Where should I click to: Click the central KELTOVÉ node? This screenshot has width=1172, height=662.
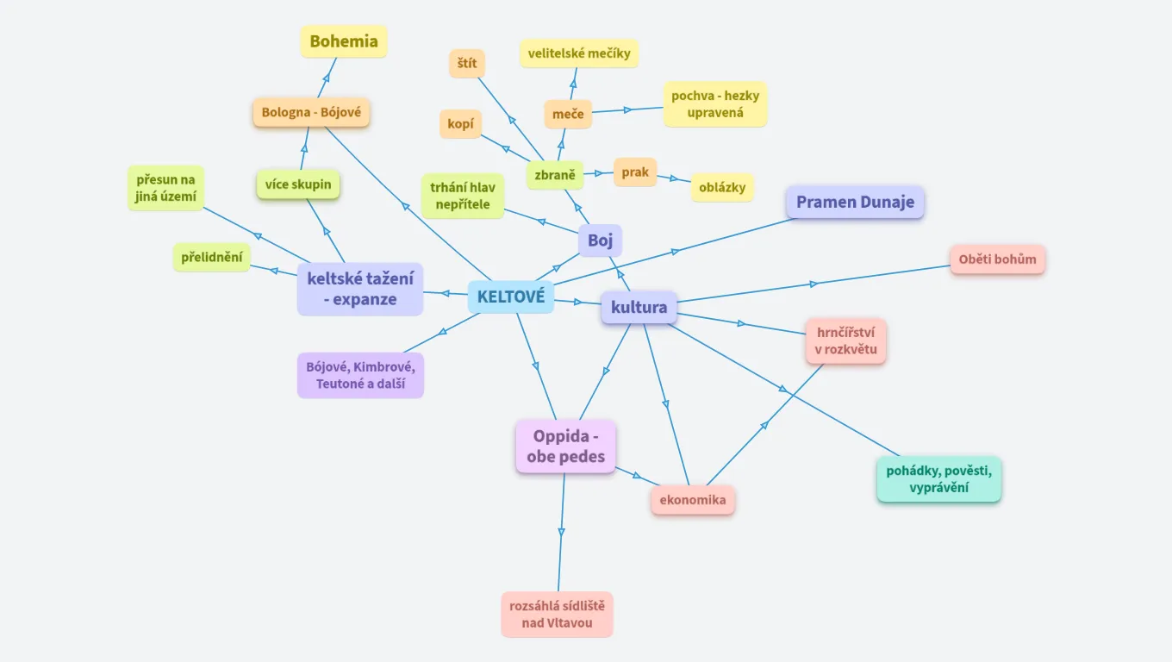[510, 297]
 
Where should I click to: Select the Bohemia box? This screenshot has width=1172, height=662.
[344, 41]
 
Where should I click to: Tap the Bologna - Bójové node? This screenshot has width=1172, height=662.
[311, 113]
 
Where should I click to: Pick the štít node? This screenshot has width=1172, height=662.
[467, 64]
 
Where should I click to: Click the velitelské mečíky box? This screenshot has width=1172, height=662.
[579, 53]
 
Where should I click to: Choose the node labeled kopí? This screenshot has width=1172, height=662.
[460, 123]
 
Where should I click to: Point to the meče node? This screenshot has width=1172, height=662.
[568, 114]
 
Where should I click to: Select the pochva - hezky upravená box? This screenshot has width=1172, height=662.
[715, 104]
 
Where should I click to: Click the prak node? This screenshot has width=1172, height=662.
[635, 172]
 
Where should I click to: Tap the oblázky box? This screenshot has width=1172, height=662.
[722, 187]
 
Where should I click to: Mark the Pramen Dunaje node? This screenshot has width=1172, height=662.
[855, 203]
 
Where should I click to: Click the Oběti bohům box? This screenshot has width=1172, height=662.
[997, 259]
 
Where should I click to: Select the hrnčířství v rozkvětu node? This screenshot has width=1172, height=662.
[845, 341]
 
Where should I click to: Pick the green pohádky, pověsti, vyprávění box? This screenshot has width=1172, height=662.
[939, 479]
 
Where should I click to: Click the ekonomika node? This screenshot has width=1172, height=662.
[693, 500]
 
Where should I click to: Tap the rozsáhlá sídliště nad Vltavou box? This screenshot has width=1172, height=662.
[557, 615]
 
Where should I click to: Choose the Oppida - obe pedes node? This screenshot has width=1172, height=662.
[565, 447]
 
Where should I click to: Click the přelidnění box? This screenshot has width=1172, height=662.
[212, 257]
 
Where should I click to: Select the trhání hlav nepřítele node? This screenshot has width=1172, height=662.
[463, 197]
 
